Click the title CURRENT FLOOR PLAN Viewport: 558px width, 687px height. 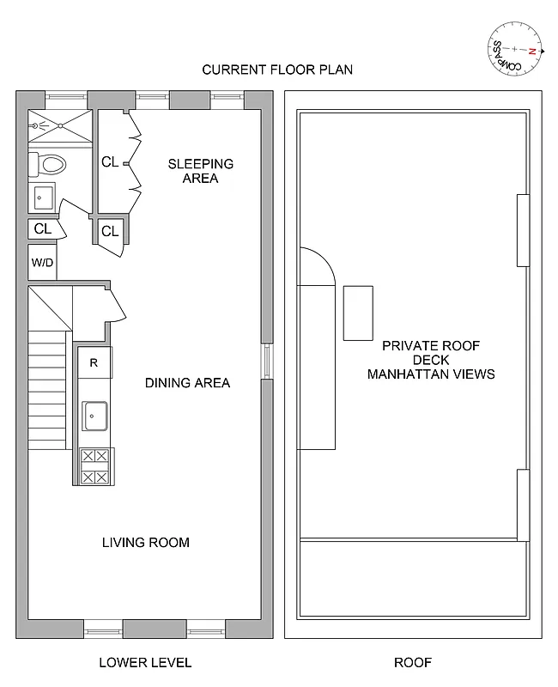tap(277, 70)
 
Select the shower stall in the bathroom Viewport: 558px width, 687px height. tap(59, 127)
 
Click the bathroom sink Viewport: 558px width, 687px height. tap(42, 198)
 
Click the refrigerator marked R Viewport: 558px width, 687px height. tap(94, 362)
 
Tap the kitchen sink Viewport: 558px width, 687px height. tap(94, 416)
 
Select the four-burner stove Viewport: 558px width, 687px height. tap(94, 466)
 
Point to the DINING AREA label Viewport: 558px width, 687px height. tap(187, 383)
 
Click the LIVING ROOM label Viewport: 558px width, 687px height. tap(146, 543)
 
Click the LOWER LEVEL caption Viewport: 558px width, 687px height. tap(145, 662)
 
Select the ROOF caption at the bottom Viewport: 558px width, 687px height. tap(412, 662)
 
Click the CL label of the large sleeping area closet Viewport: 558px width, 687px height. tap(110, 161)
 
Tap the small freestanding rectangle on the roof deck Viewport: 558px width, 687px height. tap(359, 313)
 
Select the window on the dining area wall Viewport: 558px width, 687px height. tap(267, 361)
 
